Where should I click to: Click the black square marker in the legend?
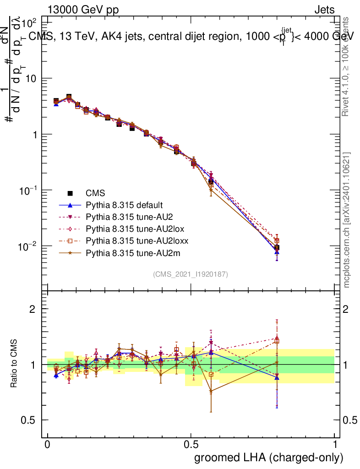70,193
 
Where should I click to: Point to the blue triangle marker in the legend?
70,205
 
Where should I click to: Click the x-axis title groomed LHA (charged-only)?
269,458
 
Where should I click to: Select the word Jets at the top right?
324,10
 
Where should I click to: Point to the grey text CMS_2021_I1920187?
191,274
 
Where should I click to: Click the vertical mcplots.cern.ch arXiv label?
347,220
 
